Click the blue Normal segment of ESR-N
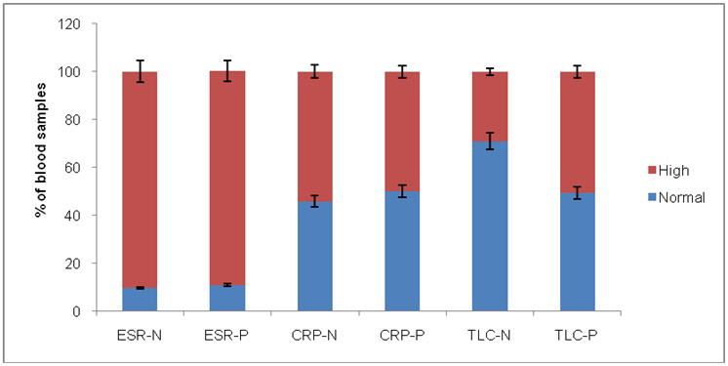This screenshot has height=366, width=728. [x=140, y=300]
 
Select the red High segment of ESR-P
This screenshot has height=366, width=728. [x=227, y=179]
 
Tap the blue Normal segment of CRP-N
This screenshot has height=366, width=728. [x=315, y=257]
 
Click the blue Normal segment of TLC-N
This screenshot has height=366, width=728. [x=490, y=226]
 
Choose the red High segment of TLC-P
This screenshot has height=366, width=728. [x=577, y=133]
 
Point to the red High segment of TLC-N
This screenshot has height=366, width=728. [x=490, y=106]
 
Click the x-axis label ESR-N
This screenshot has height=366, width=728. [x=140, y=337]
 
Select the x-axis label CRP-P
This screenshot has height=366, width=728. [x=402, y=337]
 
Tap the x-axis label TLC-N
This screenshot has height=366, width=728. [x=490, y=337]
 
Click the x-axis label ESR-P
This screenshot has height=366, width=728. [x=227, y=337]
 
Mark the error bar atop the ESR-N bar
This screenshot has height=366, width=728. [x=140, y=71]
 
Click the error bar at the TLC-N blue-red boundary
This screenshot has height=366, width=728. [x=490, y=141]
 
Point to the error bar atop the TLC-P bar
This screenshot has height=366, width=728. [x=577, y=72]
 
